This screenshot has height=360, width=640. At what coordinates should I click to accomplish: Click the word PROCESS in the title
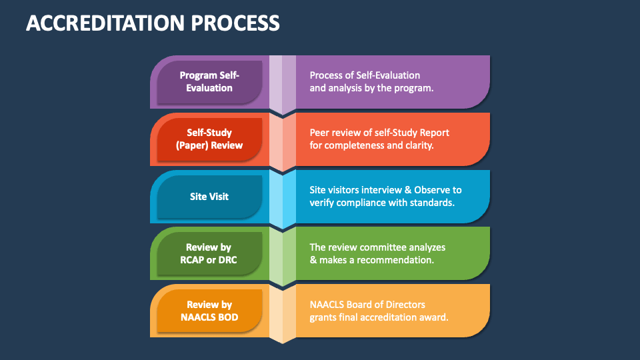pos(235,23)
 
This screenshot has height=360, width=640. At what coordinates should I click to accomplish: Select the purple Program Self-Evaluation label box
pos(210,81)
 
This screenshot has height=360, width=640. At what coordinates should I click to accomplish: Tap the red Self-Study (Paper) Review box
pos(210,139)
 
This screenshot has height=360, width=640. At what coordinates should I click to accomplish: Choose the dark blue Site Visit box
pos(210,196)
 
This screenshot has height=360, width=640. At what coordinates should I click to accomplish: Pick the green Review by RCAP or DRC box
pos(210,253)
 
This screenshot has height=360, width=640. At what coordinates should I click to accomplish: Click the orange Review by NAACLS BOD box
pos(210,311)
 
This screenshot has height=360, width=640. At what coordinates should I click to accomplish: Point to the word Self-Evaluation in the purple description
pos(388,75)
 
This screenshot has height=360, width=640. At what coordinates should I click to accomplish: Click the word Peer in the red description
pos(319,133)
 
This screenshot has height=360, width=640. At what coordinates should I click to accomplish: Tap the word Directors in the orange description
pos(405,305)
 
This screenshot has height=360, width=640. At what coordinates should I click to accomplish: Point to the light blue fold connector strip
pos(283,199)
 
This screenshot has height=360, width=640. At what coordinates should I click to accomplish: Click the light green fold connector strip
pos(283,256)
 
